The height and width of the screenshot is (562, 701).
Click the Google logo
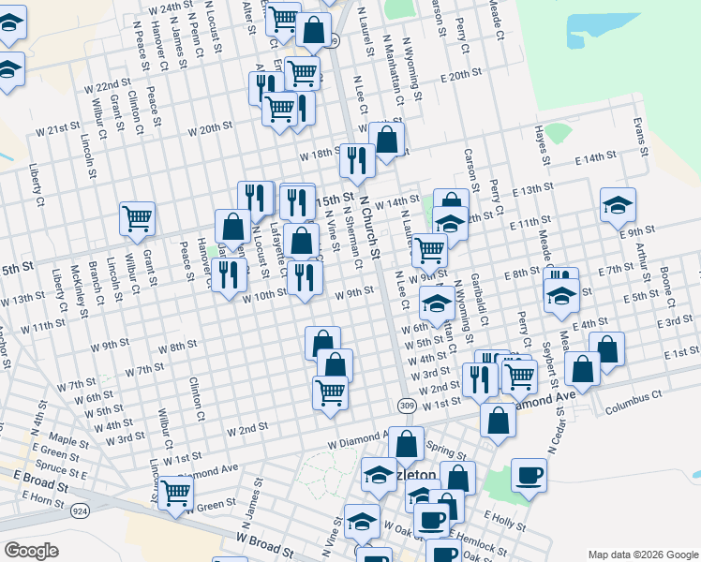pos(31,551)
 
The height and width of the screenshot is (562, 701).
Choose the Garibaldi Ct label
pos(479,299)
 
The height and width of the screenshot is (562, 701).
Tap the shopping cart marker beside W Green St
pos(175,491)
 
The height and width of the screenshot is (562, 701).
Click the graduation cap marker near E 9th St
pos(619,205)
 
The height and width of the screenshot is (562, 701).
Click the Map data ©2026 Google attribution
pos(642,554)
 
